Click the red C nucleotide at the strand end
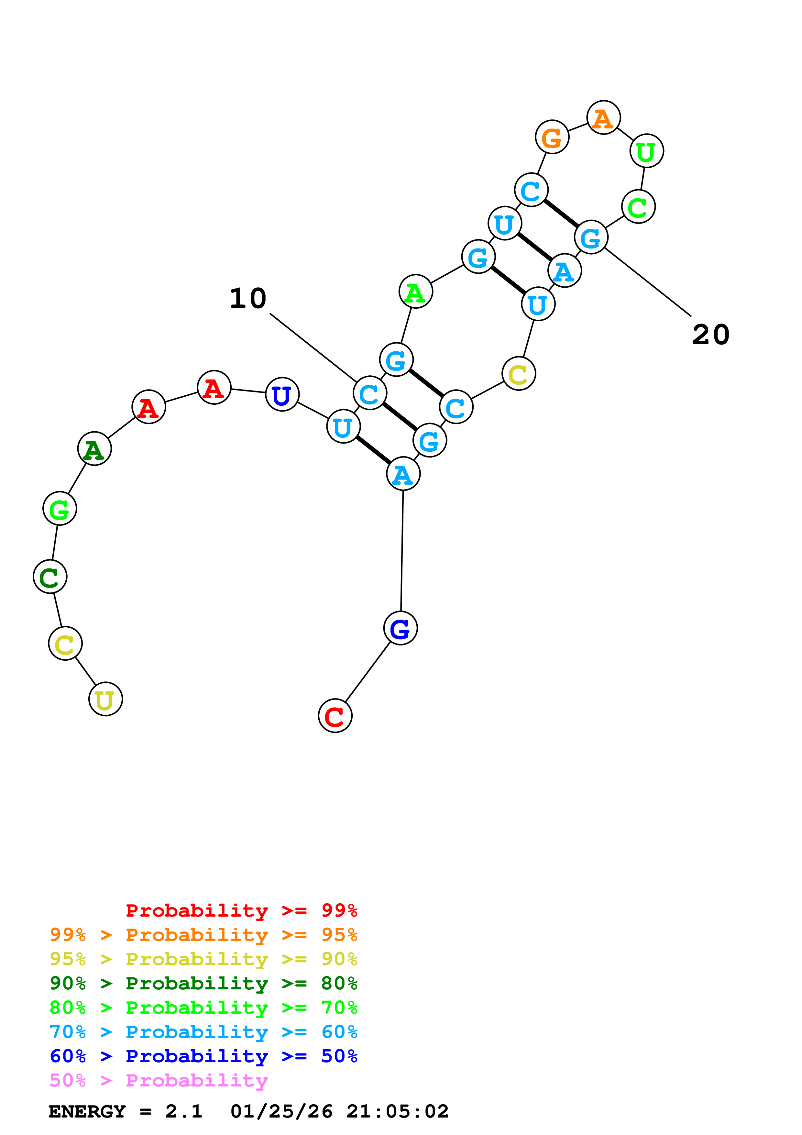coord(335,715)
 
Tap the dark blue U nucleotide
coord(282,394)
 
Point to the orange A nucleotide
coord(603,118)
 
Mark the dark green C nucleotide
coord(50,577)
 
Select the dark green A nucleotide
coord(94,448)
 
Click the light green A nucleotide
coord(416,292)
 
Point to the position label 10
coord(248,299)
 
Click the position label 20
coord(710,335)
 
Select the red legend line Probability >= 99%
coord(241,910)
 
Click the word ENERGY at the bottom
coord(87,1111)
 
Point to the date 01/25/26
coord(281,1111)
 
